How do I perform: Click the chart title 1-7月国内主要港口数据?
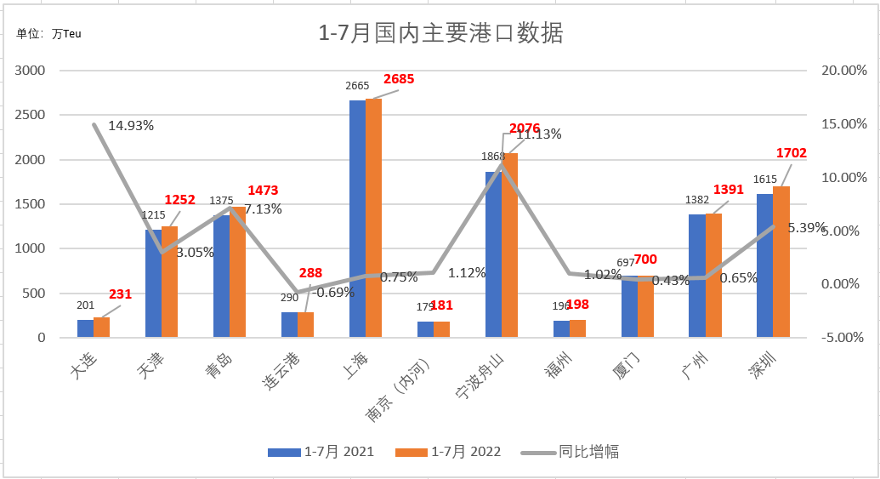click(440, 34)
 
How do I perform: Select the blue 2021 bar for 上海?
click(357, 219)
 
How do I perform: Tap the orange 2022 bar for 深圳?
click(781, 262)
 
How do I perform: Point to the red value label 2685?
click(399, 79)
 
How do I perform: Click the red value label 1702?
click(791, 153)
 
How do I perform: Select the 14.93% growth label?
click(131, 126)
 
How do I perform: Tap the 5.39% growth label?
click(807, 228)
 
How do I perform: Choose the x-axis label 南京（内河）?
click(404, 390)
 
